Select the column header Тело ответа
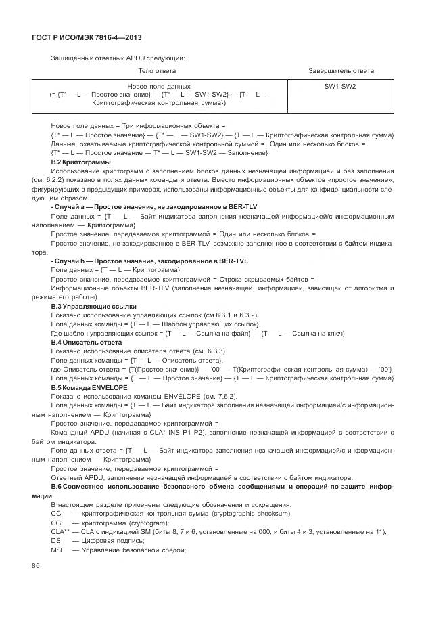pyautogui.click(x=157, y=71)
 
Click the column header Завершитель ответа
pyautogui.click(x=341, y=71)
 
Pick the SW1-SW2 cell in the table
pyautogui.click(x=340, y=87)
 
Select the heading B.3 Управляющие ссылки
pyautogui.click(x=89, y=307)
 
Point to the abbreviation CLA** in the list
pyautogui.click(x=60, y=531)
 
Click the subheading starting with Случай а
pyautogui.click(x=153, y=207)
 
